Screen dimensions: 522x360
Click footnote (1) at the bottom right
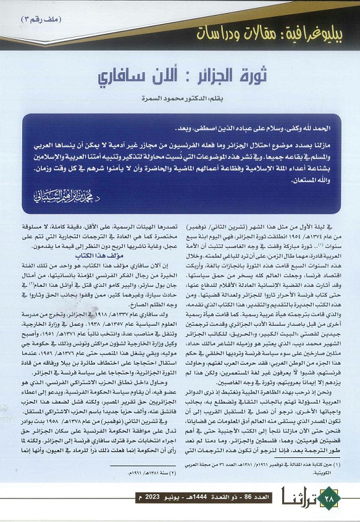click(266, 468)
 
